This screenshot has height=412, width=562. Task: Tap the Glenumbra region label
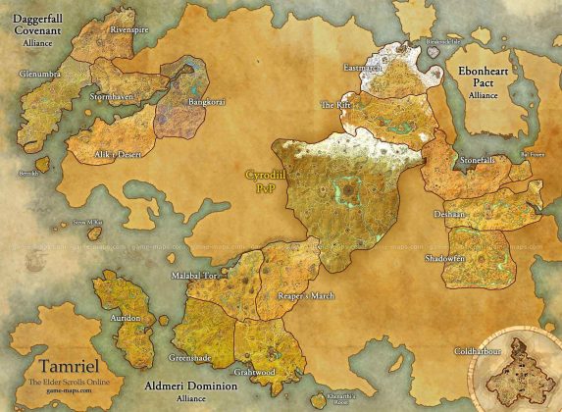coord(42,73)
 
